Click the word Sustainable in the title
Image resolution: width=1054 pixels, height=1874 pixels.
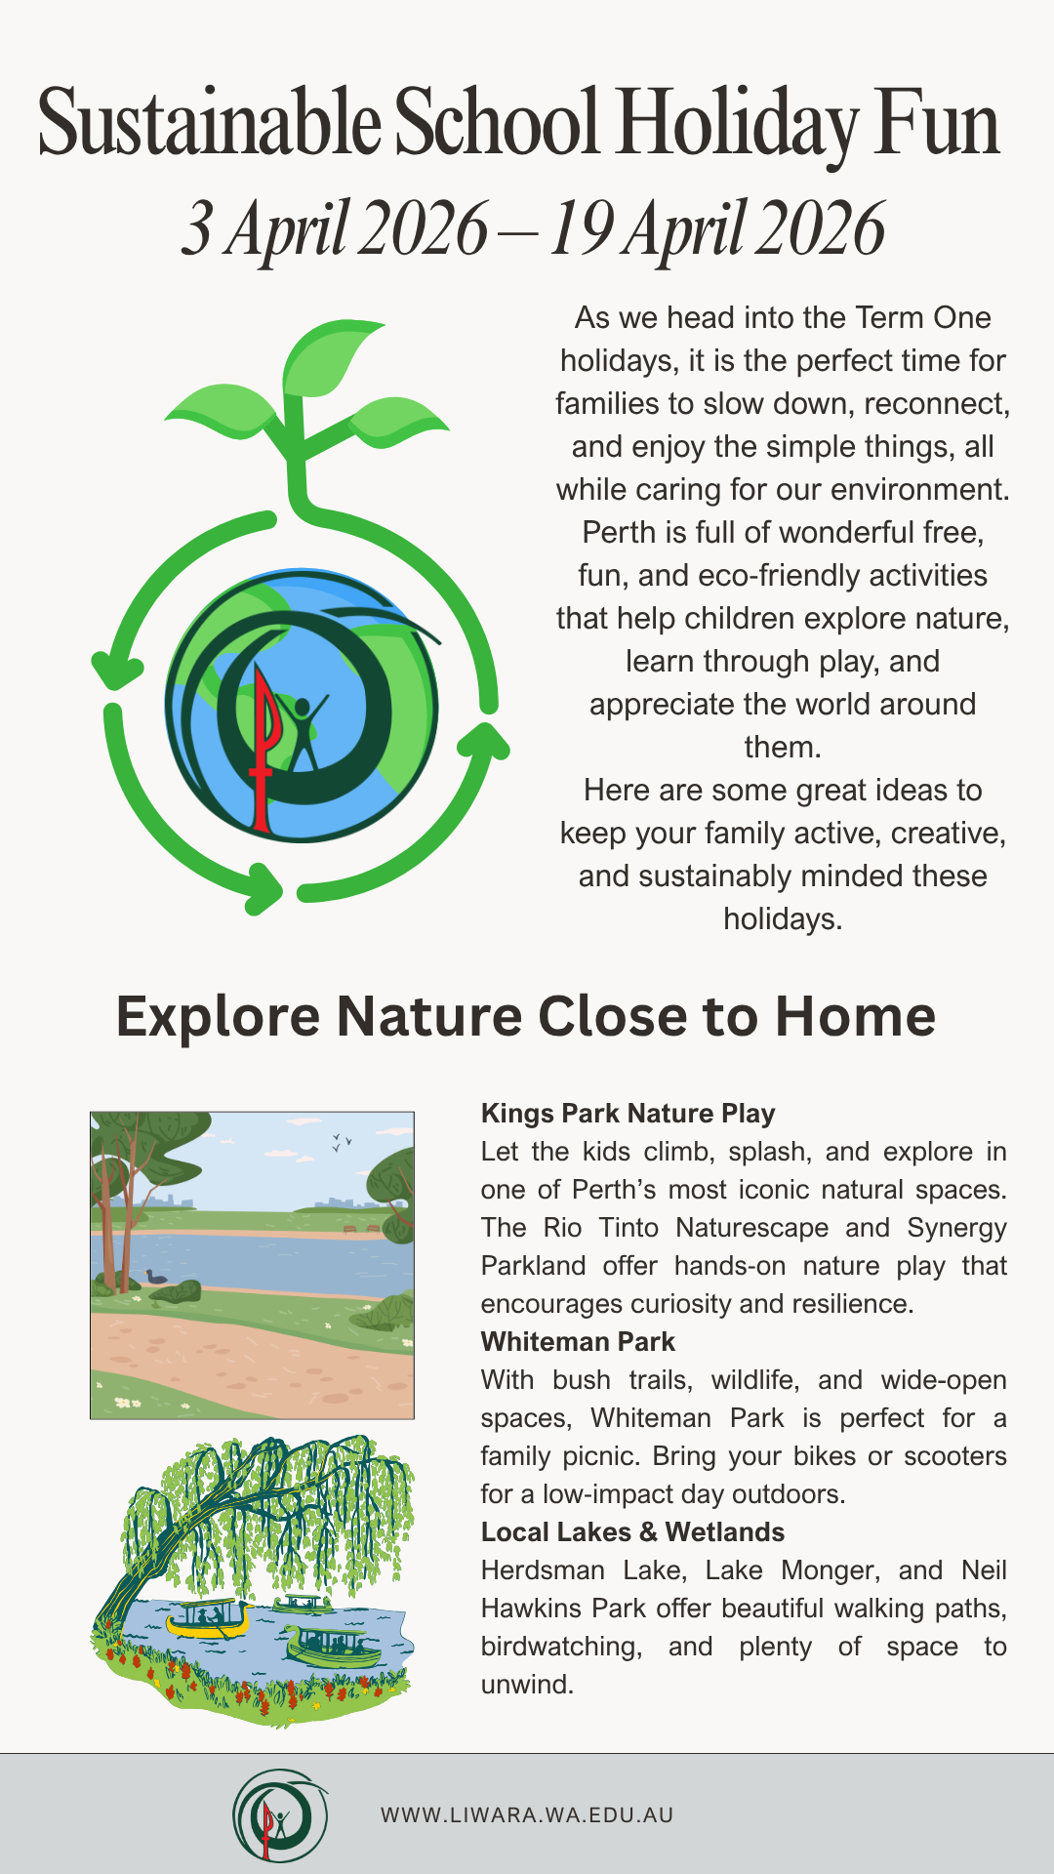pyautogui.click(x=210, y=124)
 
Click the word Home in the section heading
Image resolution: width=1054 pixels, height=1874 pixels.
pyautogui.click(x=855, y=1016)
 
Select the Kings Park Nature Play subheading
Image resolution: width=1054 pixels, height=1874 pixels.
pyautogui.click(x=628, y=1114)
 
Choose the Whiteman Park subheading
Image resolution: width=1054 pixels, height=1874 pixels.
pyautogui.click(x=578, y=1342)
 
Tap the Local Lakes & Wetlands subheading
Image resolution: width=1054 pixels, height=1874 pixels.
pyautogui.click(x=632, y=1532)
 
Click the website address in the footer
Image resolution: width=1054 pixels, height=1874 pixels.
pyautogui.click(x=527, y=1815)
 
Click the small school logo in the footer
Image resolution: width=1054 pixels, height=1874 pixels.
pyautogui.click(x=280, y=1815)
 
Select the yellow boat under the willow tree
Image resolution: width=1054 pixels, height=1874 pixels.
pyautogui.click(x=209, y=1620)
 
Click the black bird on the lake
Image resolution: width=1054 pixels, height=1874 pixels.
pyautogui.click(x=155, y=1276)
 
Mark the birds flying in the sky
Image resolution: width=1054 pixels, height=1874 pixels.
pyautogui.click(x=342, y=1141)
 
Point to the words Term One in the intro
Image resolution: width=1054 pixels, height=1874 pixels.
pyautogui.click(x=923, y=318)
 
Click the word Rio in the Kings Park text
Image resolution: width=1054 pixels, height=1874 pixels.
pyautogui.click(x=561, y=1228)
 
